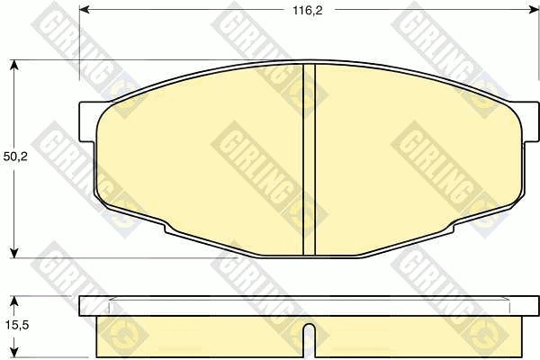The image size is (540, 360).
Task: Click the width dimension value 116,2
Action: pyautogui.click(x=308, y=11)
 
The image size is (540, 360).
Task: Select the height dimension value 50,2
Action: pyautogui.click(x=15, y=157)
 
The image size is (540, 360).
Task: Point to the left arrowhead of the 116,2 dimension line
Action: pyautogui.click(x=85, y=10)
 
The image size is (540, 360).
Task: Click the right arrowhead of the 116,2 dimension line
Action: pyautogui.click(x=534, y=10)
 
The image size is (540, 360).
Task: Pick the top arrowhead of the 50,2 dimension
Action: pyautogui.click(x=13, y=65)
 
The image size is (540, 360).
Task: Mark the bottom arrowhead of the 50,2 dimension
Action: pyautogui.click(x=13, y=253)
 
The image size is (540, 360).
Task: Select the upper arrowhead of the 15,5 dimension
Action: pyautogui.click(x=13, y=301)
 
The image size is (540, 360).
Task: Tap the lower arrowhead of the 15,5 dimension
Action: pyautogui.click(x=13, y=352)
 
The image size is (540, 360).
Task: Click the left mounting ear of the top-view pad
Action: pyautogui.click(x=87, y=121)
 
